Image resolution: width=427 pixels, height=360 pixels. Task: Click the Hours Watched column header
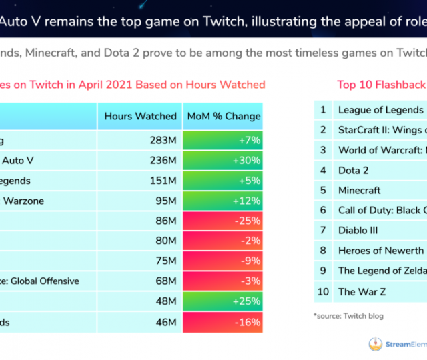[x=140, y=116]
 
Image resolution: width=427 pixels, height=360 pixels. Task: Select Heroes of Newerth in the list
[x=380, y=250]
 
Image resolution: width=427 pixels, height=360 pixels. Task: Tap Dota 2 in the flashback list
[x=354, y=170]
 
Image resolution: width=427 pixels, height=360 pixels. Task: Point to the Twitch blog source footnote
[x=348, y=315]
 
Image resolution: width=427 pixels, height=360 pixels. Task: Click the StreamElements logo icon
[x=376, y=344]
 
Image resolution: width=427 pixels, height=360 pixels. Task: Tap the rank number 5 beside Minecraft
[x=322, y=190]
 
